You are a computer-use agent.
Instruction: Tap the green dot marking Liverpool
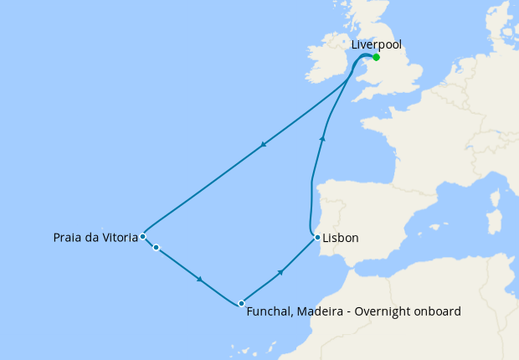pyautogui.click(x=377, y=57)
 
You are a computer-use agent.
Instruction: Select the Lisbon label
pyautogui.click(x=342, y=239)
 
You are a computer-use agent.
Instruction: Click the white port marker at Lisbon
pyautogui.click(x=317, y=238)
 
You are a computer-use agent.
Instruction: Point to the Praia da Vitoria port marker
pyautogui.click(x=143, y=236)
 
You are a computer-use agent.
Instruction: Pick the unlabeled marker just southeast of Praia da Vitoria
pyautogui.click(x=156, y=247)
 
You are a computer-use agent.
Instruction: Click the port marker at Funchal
pyautogui.click(x=241, y=303)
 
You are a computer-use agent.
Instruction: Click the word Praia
pyautogui.click(x=65, y=239)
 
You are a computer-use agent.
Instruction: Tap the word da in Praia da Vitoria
pyautogui.click(x=90, y=239)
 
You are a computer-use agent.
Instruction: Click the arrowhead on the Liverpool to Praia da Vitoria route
pyautogui.click(x=264, y=144)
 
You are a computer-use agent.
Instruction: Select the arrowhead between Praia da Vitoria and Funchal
pyautogui.click(x=200, y=279)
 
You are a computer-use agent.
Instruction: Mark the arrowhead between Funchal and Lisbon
pyautogui.click(x=281, y=271)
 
